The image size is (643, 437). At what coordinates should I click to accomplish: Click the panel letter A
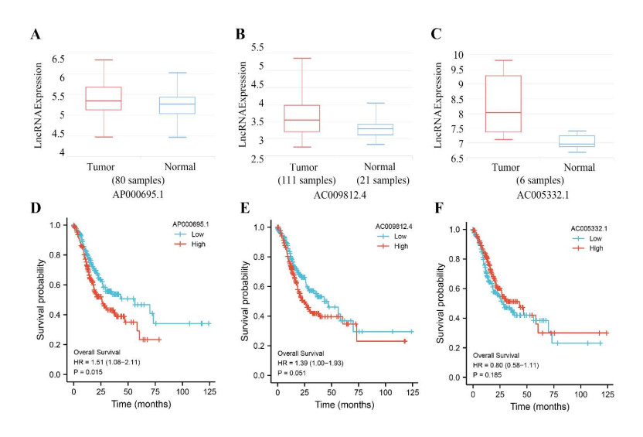point(36,36)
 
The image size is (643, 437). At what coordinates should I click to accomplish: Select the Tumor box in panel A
point(104,98)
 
